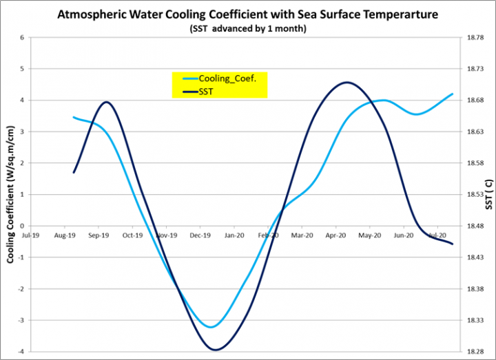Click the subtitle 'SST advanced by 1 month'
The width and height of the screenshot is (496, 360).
click(x=249, y=29)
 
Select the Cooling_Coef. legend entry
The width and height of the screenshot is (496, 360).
click(x=227, y=78)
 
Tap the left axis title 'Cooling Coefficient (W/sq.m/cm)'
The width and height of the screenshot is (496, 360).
click(x=11, y=194)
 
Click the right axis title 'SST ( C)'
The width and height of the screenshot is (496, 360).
click(x=488, y=194)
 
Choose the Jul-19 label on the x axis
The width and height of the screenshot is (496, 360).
click(x=30, y=235)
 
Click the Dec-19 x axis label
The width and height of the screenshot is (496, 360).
click(x=200, y=235)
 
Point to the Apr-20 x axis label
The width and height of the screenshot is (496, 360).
click(x=335, y=235)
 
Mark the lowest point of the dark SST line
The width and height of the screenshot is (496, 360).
click(x=216, y=350)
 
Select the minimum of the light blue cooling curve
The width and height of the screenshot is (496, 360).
click(x=211, y=327)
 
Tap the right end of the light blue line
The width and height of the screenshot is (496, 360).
click(x=453, y=94)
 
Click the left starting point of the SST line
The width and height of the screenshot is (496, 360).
click(x=74, y=172)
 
